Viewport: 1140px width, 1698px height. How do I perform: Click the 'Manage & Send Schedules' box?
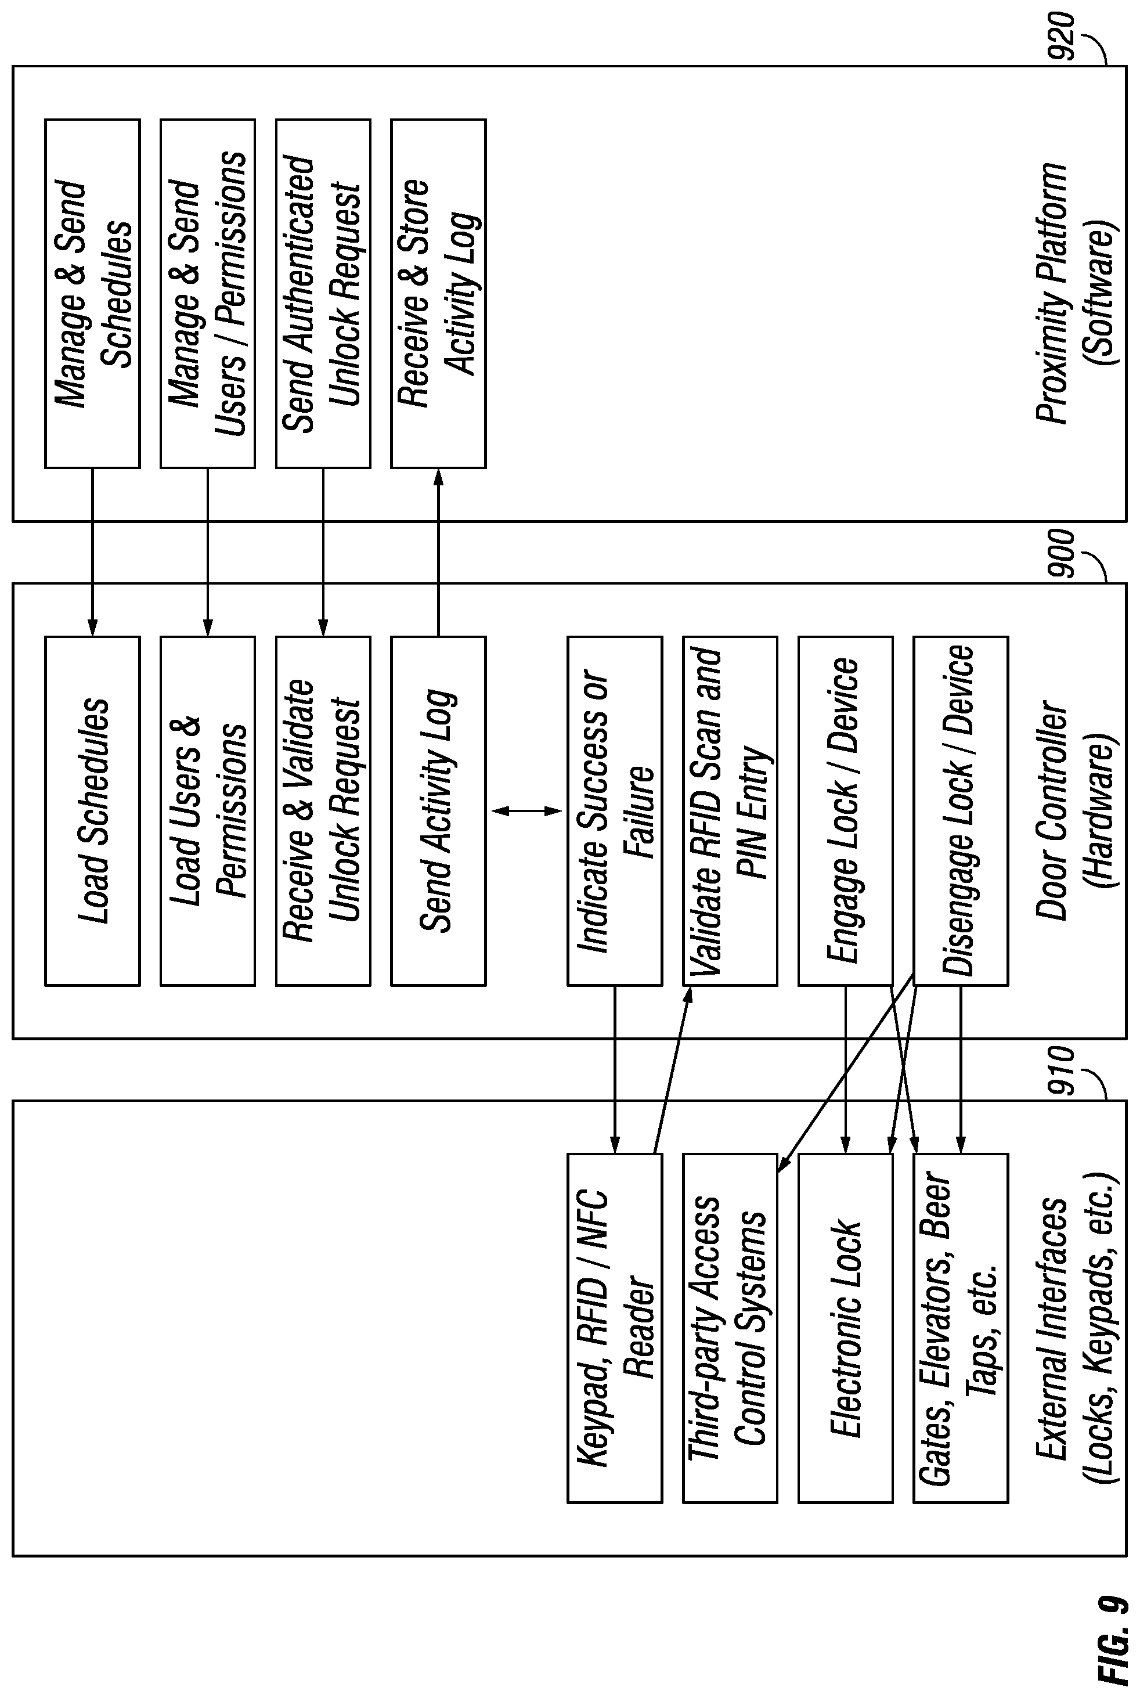[x=92, y=293]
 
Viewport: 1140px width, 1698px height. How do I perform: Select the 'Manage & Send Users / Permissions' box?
[x=208, y=293]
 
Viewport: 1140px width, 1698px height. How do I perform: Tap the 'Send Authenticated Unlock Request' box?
[x=323, y=293]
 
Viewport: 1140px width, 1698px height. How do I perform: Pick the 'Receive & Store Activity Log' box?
[x=438, y=293]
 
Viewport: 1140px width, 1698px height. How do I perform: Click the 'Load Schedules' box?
[x=92, y=811]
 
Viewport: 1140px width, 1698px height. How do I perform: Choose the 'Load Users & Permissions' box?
[x=208, y=811]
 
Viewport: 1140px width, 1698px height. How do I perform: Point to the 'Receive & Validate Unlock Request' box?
[x=323, y=811]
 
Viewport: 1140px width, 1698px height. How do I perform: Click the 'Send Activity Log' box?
[x=438, y=811]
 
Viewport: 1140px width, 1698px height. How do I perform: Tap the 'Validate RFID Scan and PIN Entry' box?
[x=730, y=811]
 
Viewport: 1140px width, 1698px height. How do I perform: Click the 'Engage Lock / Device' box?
[x=846, y=811]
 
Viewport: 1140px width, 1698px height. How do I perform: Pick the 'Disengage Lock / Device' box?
[x=961, y=811]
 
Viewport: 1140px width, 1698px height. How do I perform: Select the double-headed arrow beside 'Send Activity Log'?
[x=527, y=811]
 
